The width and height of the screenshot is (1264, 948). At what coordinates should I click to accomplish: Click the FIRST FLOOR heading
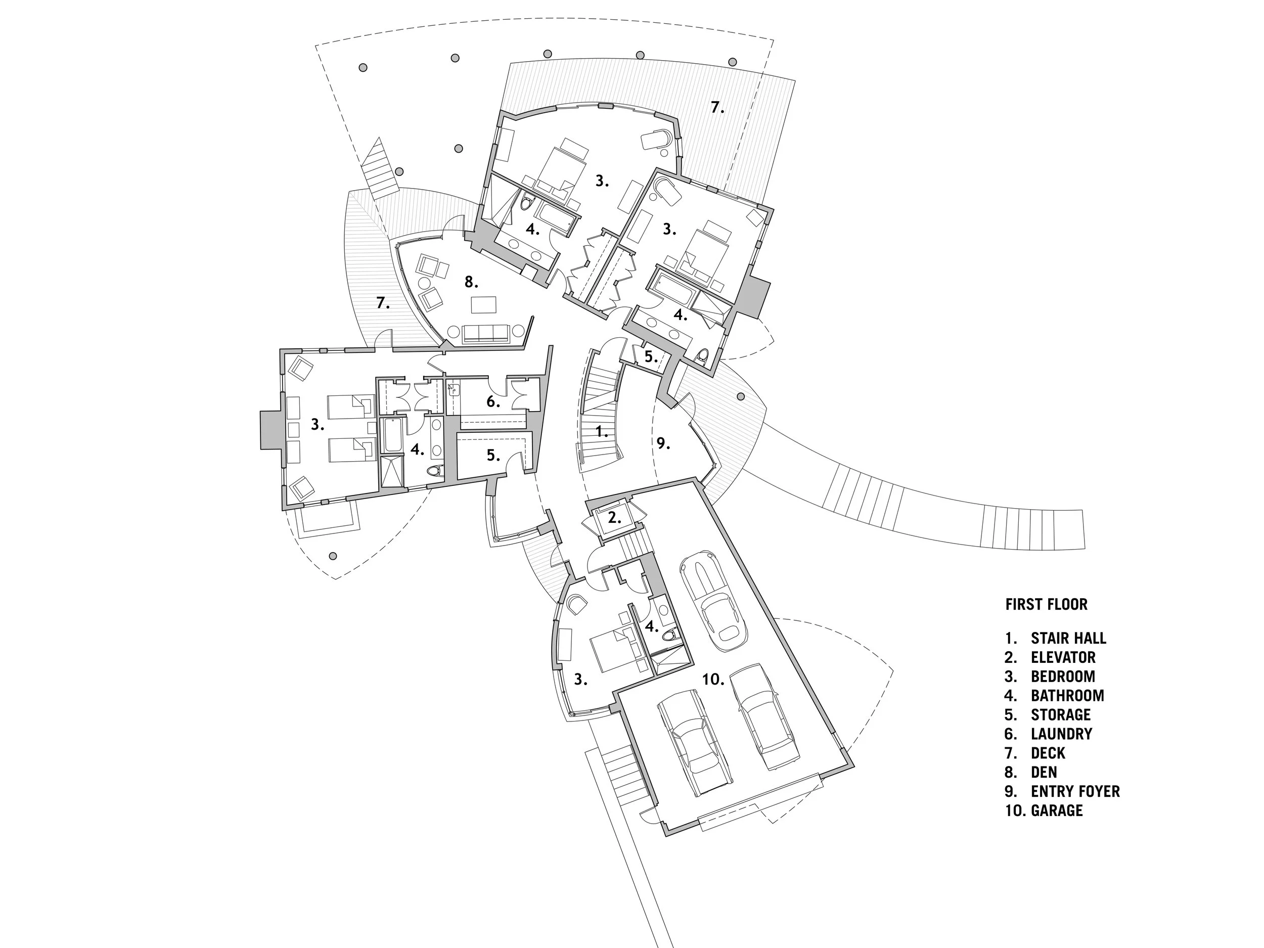1046,605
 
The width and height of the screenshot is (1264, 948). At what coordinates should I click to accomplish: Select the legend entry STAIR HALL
1068,638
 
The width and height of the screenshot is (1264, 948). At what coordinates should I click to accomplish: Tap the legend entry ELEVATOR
1063,657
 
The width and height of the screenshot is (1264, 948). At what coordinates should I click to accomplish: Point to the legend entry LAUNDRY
1061,734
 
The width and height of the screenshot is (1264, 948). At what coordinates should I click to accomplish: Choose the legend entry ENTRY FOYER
1075,791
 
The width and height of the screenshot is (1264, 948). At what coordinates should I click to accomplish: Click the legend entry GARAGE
1057,810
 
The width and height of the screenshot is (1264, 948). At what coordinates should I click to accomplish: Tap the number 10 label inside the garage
713,680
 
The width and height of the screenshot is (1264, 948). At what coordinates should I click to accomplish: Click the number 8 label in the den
471,282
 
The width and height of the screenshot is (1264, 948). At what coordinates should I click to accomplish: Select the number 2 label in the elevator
614,518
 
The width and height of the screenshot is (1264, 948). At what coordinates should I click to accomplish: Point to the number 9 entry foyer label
663,443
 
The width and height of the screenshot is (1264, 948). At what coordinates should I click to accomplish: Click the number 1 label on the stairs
602,432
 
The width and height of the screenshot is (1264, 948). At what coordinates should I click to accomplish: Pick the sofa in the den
486,333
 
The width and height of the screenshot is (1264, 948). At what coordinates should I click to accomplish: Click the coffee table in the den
483,304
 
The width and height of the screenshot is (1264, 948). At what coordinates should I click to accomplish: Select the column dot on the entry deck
741,396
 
